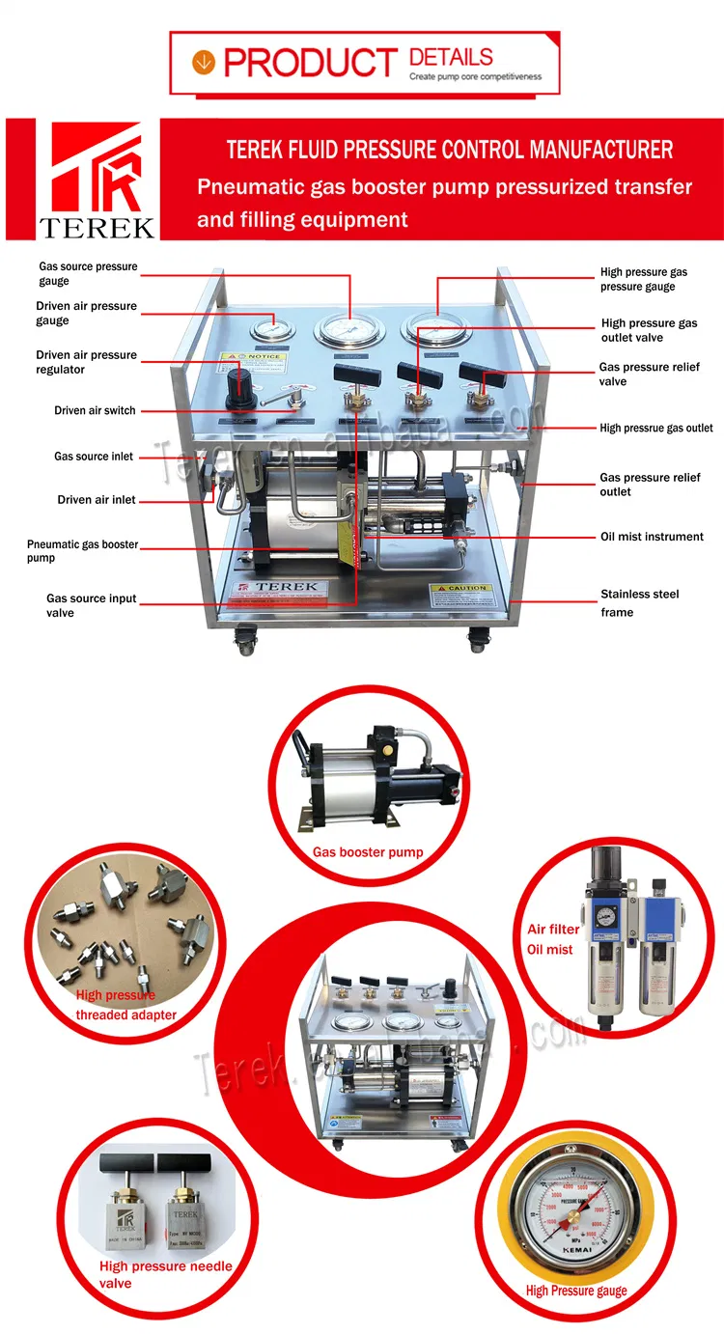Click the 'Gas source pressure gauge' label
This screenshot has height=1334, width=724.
pyautogui.click(x=88, y=273)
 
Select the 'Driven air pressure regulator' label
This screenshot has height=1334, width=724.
pyautogui.click(x=87, y=362)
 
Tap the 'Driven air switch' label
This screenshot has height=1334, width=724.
pyautogui.click(x=95, y=411)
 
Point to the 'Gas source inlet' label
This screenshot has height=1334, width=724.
pyautogui.click(x=94, y=457)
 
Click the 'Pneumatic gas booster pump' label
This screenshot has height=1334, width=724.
pyautogui.click(x=82, y=551)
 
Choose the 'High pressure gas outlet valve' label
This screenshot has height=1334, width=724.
pyautogui.click(x=649, y=330)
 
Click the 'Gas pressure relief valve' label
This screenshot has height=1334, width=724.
pyautogui.click(x=649, y=375)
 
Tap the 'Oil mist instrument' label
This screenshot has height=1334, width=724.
pyautogui.click(x=652, y=537)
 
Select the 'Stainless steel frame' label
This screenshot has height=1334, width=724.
pyautogui.click(x=639, y=602)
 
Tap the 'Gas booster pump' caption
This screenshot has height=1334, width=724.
pyautogui.click(x=367, y=852)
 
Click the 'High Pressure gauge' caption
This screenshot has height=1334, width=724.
pyautogui.click(x=576, y=1291)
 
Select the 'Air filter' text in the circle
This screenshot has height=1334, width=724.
pyautogui.click(x=553, y=930)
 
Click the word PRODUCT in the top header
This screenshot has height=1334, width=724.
pyautogui.click(x=309, y=64)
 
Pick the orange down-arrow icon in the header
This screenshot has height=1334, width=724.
pyautogui.click(x=203, y=62)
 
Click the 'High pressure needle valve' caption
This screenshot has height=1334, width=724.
pyautogui.click(x=165, y=1274)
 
